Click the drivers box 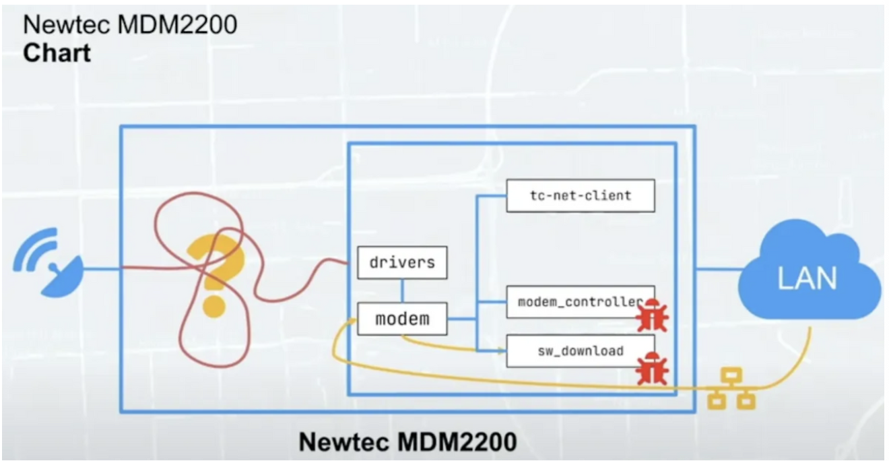(402, 262)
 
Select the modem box (402, 319)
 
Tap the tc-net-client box (581, 195)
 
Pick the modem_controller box (581, 302)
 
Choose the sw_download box (581, 351)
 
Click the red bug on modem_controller (653, 315)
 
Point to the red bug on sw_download (653, 369)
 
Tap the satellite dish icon (48, 263)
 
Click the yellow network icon (731, 389)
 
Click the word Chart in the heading (57, 53)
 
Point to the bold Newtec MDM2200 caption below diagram (407, 441)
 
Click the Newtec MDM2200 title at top (130, 24)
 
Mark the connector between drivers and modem (402, 290)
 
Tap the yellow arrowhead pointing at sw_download (501, 350)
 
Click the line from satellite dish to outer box (102, 269)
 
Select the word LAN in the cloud (808, 278)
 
